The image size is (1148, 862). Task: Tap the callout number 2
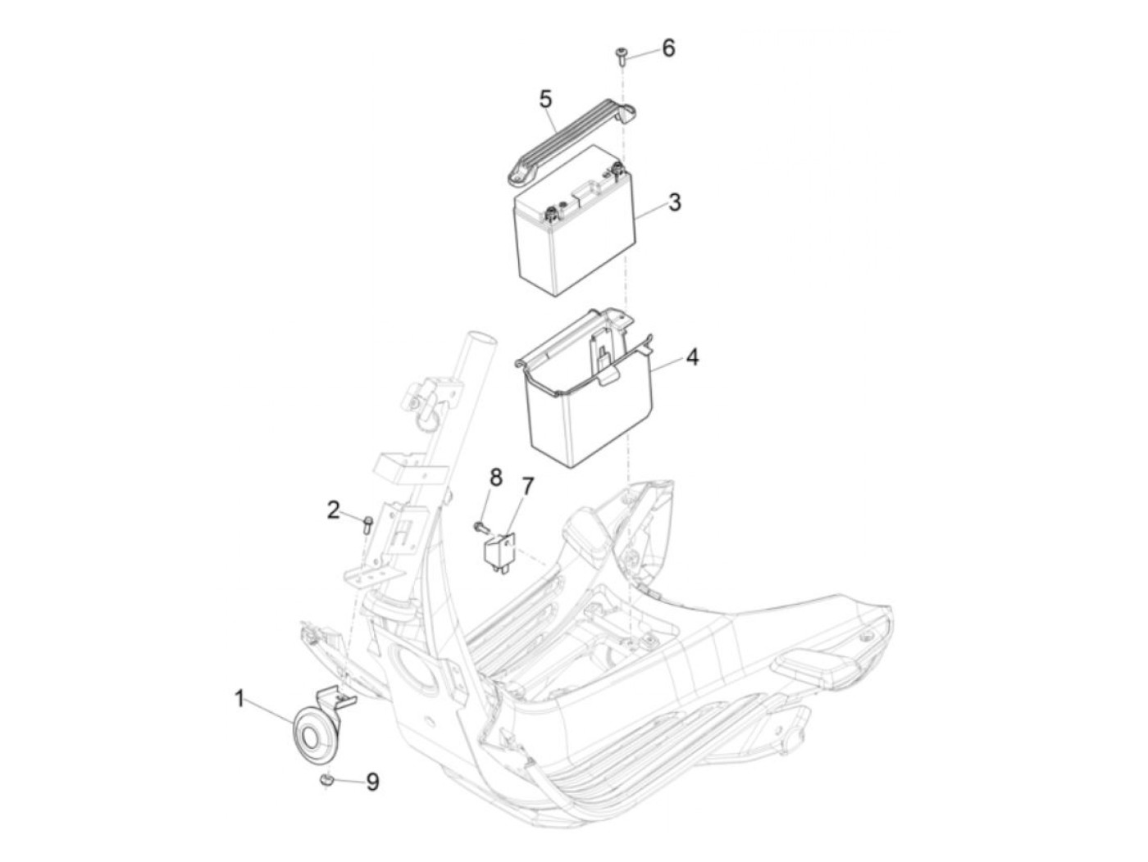(333, 510)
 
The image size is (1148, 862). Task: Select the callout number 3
(675, 202)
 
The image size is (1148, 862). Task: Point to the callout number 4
(692, 357)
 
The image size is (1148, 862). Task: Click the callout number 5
(545, 99)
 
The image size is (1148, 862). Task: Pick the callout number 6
(668, 48)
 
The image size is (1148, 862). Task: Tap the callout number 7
(527, 487)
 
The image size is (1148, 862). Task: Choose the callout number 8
(495, 478)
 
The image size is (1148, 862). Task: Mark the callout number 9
(371, 783)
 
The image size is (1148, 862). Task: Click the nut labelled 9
(326, 780)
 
